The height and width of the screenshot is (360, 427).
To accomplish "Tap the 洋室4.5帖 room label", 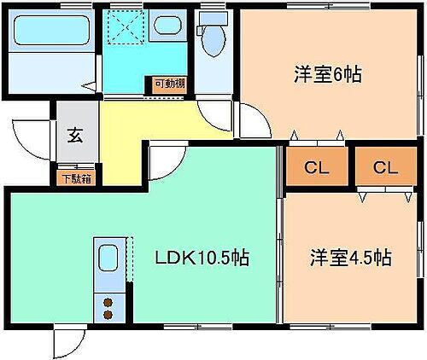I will pos(350,257).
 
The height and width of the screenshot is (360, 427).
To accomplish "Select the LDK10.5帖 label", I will pos(202,258).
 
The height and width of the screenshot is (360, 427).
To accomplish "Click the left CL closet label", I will pos(316,166).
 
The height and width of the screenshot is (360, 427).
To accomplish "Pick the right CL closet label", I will pos(384,166).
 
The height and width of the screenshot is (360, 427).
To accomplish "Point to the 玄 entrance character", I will pos(75,134).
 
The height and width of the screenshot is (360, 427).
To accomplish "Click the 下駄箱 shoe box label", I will pos(76,180).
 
